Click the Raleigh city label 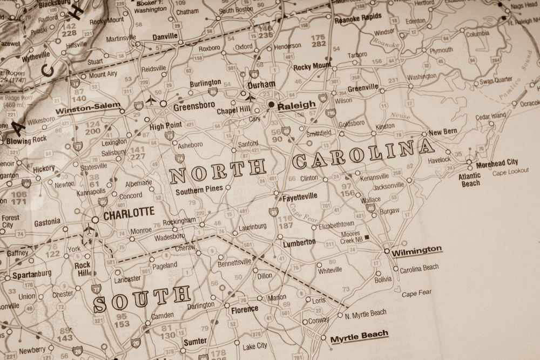pos(296,106)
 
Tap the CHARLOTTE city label pos(129,213)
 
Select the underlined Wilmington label pos(416,250)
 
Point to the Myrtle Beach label pos(359,336)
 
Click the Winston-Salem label pos(88,107)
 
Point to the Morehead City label pos(497,162)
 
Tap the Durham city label pos(261,85)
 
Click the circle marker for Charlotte pos(95,220)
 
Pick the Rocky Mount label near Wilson pos(312,67)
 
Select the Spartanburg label pos(32,274)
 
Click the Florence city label pos(245,310)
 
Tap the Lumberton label pos(299,242)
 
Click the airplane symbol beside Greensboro pos(151,100)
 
